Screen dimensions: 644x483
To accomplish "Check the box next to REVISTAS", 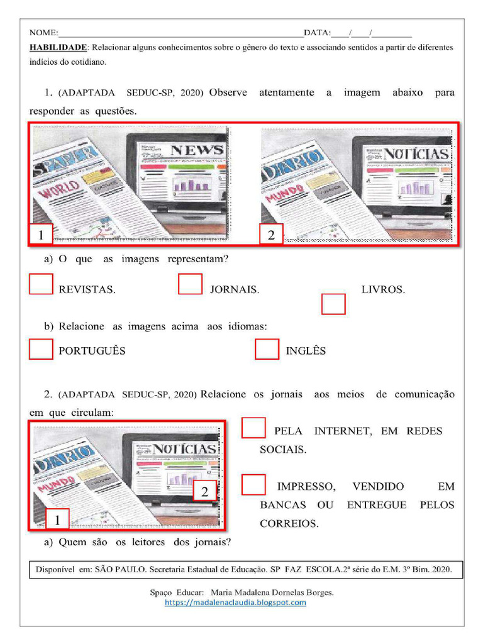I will (x=41, y=284).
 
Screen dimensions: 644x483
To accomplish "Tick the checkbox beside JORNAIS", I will (x=190, y=284).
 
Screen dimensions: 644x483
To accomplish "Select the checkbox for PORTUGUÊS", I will (x=41, y=349).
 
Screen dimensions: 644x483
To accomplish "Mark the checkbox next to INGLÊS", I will (x=267, y=349).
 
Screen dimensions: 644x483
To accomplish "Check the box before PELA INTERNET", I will (x=253, y=428).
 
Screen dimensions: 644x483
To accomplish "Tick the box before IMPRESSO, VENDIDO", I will (x=253, y=485).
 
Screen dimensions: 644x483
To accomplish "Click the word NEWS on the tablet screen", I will (x=197, y=150).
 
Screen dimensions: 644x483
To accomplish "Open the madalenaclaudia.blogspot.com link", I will (x=235, y=602).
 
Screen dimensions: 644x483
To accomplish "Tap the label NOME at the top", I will (x=43, y=33).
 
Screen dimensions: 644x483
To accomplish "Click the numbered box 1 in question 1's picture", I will (x=41, y=235).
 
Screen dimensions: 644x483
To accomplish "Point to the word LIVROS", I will (x=383, y=290).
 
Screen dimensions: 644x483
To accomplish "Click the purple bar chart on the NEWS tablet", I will (x=191, y=185).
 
